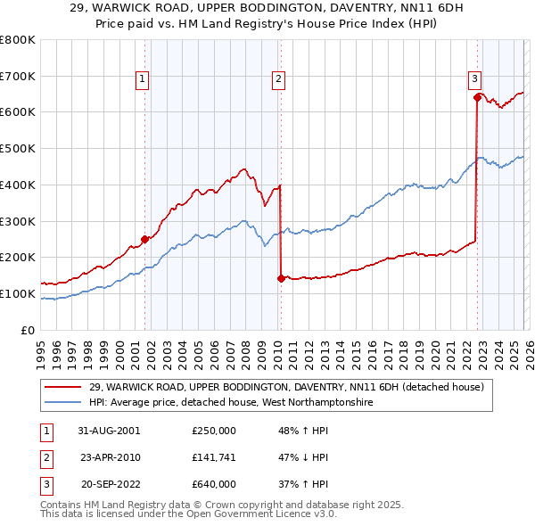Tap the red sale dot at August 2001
[145, 238]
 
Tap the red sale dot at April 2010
[281, 278]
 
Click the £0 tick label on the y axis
[28, 330]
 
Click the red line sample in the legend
[63, 387]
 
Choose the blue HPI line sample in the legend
[63, 403]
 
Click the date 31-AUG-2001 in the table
[109, 431]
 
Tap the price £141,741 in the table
[213, 457]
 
